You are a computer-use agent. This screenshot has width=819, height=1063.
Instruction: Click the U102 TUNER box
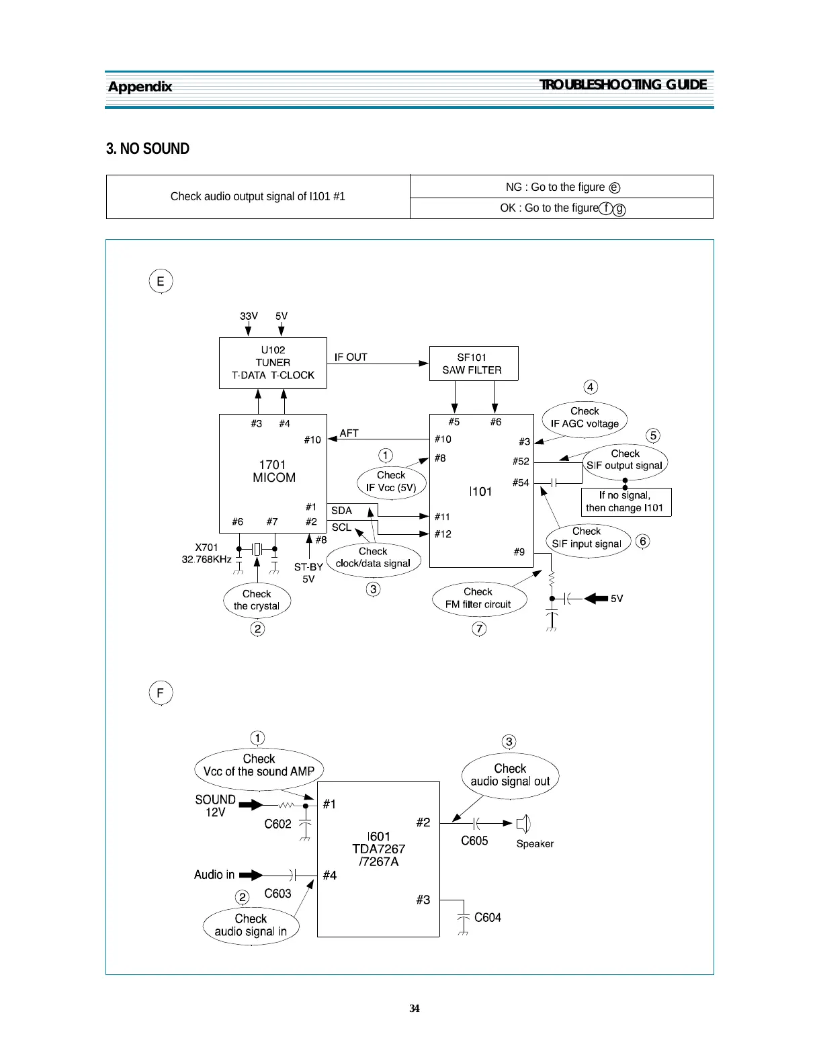pyautogui.click(x=273, y=363)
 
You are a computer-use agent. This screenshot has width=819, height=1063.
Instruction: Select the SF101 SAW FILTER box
pyautogui.click(x=473, y=364)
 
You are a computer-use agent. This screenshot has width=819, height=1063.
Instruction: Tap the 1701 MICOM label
pyautogui.click(x=273, y=471)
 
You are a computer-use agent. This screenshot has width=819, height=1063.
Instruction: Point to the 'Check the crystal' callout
pyautogui.click(x=257, y=600)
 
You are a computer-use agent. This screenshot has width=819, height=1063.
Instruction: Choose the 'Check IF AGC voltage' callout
pyautogui.click(x=585, y=417)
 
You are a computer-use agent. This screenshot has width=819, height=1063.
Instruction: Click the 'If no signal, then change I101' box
pyautogui.click(x=626, y=502)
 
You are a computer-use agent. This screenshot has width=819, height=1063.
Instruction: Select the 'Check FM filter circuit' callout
pyautogui.click(x=478, y=598)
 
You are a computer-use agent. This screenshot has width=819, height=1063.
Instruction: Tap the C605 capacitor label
pyautogui.click(x=474, y=841)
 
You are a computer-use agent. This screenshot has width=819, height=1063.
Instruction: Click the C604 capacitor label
pyautogui.click(x=488, y=918)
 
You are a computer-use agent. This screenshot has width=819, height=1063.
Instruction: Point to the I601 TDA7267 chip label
pyautogui.click(x=379, y=849)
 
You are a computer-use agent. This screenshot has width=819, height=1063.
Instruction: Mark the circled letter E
pyautogui.click(x=161, y=281)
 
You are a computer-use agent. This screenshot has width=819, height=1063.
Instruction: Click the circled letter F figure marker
pyautogui.click(x=161, y=693)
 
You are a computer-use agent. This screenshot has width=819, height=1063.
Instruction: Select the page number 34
pyautogui.click(x=415, y=1008)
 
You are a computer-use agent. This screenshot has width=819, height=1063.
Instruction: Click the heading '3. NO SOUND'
pyautogui.click(x=148, y=148)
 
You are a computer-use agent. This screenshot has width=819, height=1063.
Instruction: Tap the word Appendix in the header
pyautogui.click(x=140, y=87)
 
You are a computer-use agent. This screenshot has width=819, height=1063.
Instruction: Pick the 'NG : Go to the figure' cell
pyautogui.click(x=562, y=187)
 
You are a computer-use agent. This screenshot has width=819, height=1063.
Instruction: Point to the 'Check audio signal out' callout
pyautogui.click(x=510, y=775)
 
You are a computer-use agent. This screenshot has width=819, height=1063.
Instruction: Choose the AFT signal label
pyautogui.click(x=349, y=433)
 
